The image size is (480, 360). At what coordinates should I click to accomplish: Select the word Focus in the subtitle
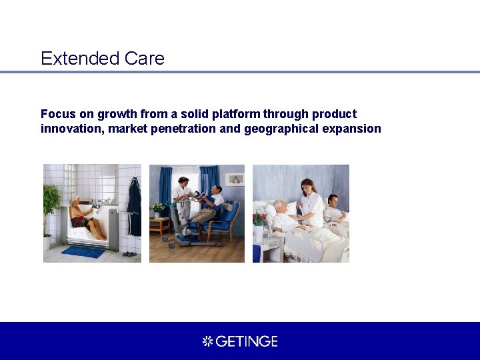pos(57,114)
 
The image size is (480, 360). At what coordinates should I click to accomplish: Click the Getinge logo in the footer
pos(240,341)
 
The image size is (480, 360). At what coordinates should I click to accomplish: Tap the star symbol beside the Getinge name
pos(207,341)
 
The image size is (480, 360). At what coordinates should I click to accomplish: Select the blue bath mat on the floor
pos(83,252)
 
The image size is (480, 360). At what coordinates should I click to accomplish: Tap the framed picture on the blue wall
pos(235,179)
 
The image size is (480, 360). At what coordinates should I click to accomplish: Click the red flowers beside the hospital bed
pos(259,219)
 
